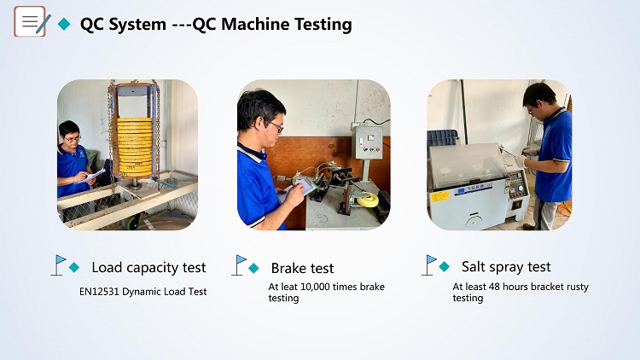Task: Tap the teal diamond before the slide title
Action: click(x=64, y=24)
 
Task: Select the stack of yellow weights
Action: click(x=134, y=147)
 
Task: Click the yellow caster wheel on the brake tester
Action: click(x=364, y=199)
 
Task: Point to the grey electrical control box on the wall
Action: click(x=368, y=142)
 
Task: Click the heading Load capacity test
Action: click(x=148, y=267)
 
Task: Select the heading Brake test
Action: click(x=302, y=268)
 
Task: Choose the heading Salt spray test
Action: click(x=506, y=266)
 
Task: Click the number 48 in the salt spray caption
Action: click(x=494, y=287)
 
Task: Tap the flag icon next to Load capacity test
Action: click(x=58, y=265)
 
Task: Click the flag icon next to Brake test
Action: click(x=239, y=265)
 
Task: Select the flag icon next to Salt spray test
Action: click(x=429, y=265)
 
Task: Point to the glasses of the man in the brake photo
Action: click(x=276, y=127)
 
